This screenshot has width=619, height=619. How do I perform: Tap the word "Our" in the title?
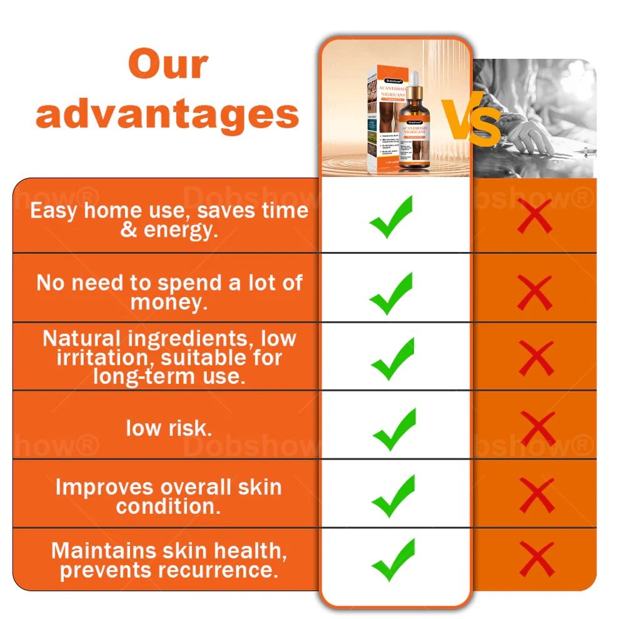point(168,64)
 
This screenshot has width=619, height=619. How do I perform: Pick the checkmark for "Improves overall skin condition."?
point(393,496)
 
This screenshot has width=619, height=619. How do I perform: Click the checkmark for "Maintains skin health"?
point(393,560)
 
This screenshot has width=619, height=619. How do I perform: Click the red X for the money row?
point(535,292)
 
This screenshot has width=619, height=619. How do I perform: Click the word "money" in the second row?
point(167,303)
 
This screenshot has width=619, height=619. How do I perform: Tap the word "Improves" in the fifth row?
point(104,487)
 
